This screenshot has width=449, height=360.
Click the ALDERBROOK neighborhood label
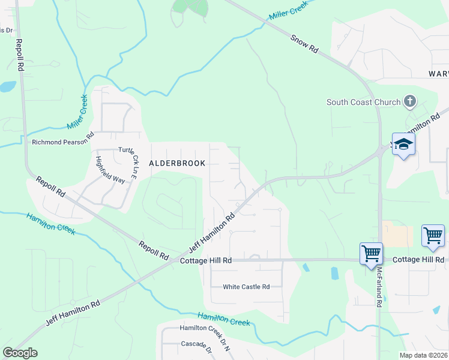pos(177,163)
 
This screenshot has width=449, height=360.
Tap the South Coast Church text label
pos(363,102)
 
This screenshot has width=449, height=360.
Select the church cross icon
pos(409,101)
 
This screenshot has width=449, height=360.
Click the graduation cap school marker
pos(404,144)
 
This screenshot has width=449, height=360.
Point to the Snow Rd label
pos(304,44)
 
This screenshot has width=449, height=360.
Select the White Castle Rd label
pos(246,287)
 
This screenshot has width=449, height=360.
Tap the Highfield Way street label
pos(110,170)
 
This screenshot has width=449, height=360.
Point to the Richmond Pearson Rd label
pos(63,142)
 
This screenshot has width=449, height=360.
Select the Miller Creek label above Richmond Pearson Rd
pos(77,112)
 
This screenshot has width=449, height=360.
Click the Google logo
pos(20,353)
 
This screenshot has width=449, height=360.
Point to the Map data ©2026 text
pos(423,355)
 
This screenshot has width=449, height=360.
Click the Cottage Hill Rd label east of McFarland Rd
pos(418,260)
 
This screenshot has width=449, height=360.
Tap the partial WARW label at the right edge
pos(438,74)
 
